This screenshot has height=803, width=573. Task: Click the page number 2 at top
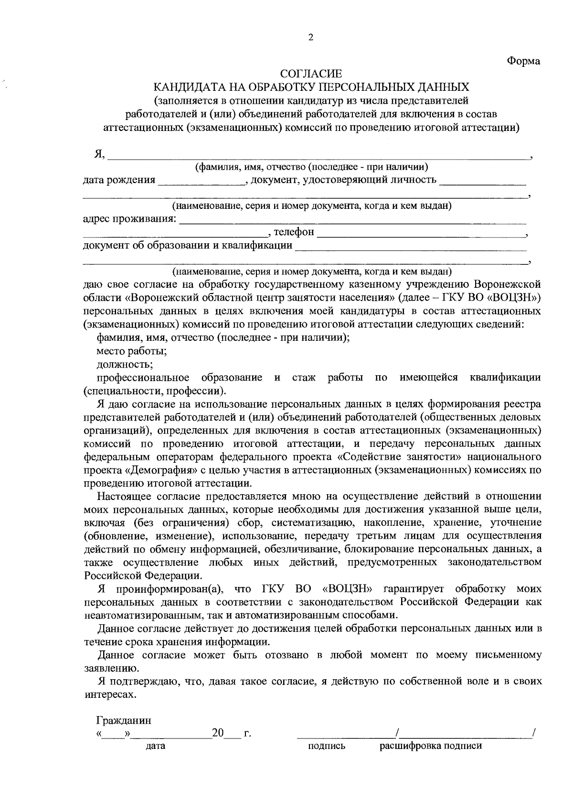coord(310,38)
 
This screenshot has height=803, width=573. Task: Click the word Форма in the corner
coord(523,61)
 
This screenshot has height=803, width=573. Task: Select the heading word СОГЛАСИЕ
coord(311,74)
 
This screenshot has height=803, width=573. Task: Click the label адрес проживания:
coord(129,219)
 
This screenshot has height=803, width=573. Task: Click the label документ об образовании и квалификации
coord(188,246)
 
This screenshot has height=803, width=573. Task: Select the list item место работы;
coord(132,351)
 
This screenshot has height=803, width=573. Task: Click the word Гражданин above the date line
coord(124,720)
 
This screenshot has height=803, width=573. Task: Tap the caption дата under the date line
coord(155,746)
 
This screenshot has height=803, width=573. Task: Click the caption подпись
coord(327,746)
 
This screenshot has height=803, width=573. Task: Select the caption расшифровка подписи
coord(431,746)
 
